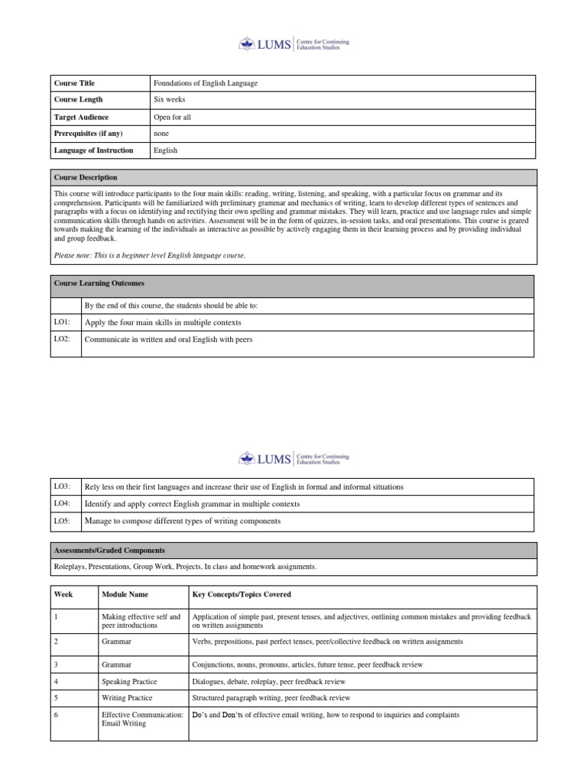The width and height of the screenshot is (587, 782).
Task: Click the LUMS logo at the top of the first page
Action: click(293, 44)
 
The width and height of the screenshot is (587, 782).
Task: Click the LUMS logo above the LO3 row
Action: click(293, 459)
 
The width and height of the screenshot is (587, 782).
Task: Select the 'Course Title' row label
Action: click(74, 82)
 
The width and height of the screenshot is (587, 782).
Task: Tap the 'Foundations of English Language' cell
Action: click(211, 82)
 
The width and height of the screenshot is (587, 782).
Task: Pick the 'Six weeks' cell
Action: click(169, 99)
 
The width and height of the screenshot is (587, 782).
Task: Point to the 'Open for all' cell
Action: click(172, 117)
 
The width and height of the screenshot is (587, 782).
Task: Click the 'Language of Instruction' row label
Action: click(93, 150)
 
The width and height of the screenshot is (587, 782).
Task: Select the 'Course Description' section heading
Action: click(86, 177)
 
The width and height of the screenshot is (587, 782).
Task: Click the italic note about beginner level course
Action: click(150, 255)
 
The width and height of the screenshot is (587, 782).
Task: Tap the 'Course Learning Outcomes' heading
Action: click(99, 283)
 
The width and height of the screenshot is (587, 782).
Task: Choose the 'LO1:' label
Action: click(62, 322)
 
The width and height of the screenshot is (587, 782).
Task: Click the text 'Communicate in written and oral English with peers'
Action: click(168, 339)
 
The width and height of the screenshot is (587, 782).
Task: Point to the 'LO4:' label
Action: click(62, 504)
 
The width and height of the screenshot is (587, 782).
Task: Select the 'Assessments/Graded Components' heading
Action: click(109, 550)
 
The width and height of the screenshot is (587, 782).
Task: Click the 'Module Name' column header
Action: click(125, 594)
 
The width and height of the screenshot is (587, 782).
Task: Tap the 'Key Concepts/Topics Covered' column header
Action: click(242, 594)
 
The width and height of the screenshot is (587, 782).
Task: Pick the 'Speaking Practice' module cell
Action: click(127, 681)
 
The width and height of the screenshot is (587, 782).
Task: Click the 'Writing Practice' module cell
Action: click(127, 698)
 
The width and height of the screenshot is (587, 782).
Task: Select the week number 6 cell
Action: click(57, 715)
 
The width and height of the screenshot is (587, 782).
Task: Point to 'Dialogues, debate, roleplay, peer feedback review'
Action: click(269, 681)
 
